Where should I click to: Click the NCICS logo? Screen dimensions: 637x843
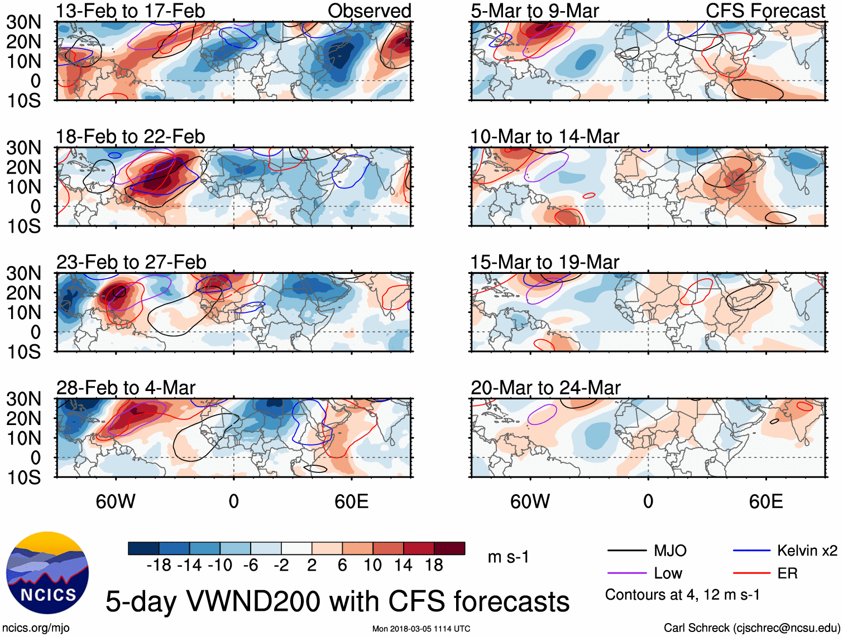47,572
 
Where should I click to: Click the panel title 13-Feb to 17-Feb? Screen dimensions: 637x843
130,11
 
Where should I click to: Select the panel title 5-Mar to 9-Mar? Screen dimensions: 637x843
534,11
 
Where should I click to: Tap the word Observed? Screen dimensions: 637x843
369,11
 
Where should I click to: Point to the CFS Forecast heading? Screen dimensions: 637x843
765,11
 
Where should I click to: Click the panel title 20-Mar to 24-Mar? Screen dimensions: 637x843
545,388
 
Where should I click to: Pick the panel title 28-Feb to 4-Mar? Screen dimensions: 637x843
126,388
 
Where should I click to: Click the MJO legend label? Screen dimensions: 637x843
670,551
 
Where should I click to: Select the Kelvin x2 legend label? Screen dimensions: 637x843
807,551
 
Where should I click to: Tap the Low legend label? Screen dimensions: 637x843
668,573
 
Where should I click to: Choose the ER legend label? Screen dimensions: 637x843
787,573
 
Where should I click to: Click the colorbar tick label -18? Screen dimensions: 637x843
159,565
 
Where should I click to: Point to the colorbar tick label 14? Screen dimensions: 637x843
403,565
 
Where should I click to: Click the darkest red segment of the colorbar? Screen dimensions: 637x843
449,548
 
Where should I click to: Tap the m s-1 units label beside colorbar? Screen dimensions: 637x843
508,557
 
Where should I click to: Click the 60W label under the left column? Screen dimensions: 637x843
116,501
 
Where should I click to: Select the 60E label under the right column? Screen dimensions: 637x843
765,501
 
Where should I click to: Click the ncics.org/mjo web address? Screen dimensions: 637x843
36,628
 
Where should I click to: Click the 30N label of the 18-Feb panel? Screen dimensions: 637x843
23,148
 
